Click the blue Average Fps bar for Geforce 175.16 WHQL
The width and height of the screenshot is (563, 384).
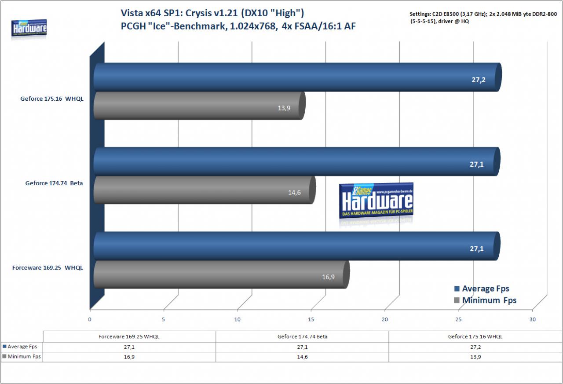click(298, 77)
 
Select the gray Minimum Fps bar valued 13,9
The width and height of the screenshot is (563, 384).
click(200, 106)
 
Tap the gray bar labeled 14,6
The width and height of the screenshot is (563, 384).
click(205, 190)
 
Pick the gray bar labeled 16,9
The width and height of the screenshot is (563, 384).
click(221, 274)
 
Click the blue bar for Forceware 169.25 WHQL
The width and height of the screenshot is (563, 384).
click(297, 246)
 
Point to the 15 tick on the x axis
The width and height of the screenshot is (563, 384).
click(311, 319)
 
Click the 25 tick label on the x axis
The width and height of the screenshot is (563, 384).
click(458, 319)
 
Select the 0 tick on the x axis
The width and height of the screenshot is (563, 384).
click(90, 319)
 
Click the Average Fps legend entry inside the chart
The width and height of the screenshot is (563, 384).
click(482, 289)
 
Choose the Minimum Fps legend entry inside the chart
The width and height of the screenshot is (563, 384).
click(485, 300)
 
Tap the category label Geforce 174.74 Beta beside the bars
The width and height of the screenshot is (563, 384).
click(54, 183)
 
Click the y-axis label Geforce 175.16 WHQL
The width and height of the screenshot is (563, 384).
click(52, 99)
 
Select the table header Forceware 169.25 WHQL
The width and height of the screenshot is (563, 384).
click(129, 336)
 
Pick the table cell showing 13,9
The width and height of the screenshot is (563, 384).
click(475, 357)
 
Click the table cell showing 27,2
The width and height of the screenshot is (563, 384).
click(475, 347)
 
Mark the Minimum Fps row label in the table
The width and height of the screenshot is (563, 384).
click(22, 357)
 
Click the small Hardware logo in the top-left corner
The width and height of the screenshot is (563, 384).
click(29, 28)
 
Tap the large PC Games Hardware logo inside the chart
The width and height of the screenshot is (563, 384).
click(376, 201)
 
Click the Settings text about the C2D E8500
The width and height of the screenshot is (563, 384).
click(483, 18)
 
